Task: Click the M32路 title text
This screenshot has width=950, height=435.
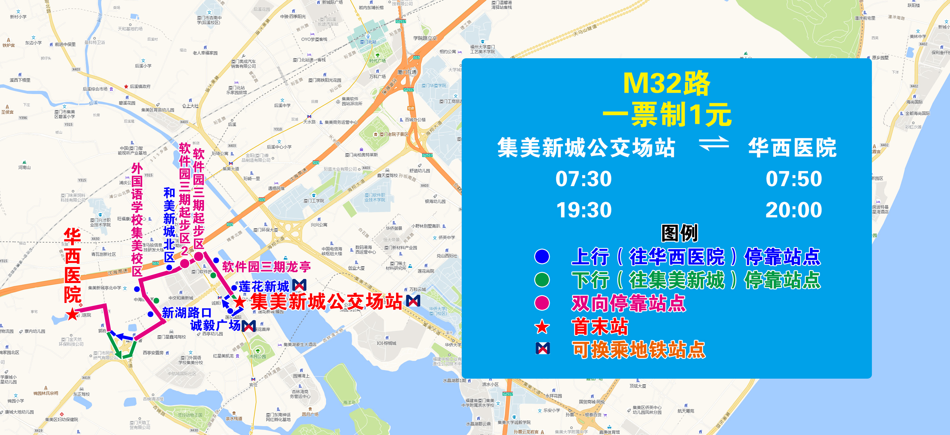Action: pos(666,84)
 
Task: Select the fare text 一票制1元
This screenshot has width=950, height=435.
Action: pos(666,115)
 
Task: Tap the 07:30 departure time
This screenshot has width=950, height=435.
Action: pos(583,179)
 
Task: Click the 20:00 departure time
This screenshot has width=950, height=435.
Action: pos(794,210)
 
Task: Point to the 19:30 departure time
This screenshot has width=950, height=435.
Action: pos(583,210)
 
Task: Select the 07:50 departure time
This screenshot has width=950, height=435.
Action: pos(794,179)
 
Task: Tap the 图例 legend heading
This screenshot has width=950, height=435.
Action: pos(679,233)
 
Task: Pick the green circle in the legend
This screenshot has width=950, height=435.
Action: pos(542,280)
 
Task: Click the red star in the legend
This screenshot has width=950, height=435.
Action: pos(542,327)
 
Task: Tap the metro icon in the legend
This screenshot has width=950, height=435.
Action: pos(542,348)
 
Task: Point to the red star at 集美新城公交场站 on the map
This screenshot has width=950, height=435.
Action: pos(239,302)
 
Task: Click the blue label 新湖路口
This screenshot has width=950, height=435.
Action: pos(187,313)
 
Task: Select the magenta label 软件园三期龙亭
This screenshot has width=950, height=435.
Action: pos(266,267)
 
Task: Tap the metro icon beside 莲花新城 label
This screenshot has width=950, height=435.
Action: pos(299,285)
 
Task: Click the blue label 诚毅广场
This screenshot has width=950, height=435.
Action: pos(215,325)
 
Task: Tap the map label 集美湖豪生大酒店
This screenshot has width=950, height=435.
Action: pos(299,344)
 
